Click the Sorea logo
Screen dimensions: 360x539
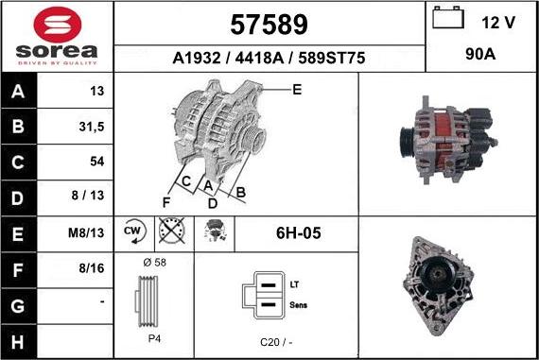pos(57,36)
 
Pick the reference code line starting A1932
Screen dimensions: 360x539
pos(269,59)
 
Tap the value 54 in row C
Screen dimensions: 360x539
pos(96,162)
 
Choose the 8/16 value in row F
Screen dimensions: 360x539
pos(92,268)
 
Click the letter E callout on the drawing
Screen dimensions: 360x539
pos(297,90)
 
